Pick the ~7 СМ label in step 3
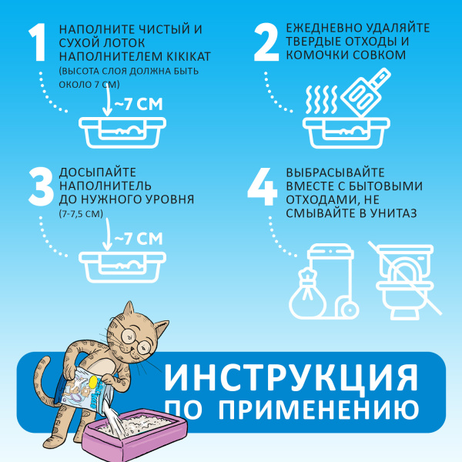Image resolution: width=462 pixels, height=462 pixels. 139,239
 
